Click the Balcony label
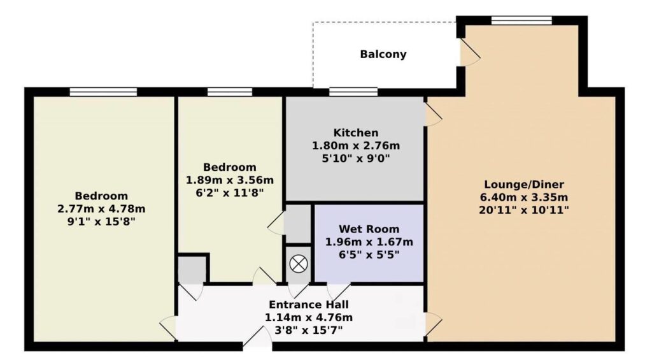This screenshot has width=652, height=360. pos(383,55)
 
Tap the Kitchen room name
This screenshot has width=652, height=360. pos(356,133)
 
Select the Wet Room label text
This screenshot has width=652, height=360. pos(369,229)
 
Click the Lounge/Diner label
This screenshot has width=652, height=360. pos(524,185)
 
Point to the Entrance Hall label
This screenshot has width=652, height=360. pos(309,305)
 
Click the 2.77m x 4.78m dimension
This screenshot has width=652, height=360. pos(101,208)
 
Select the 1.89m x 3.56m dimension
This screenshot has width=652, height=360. pos(229,180)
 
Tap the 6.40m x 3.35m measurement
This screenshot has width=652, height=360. pos(524,198)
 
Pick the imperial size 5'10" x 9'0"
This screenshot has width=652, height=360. pos(356,159)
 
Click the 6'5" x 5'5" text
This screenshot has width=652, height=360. pos(369,255)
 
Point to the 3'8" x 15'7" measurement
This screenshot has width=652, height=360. pos(309,331)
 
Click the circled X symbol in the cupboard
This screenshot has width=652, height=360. pos(298,264)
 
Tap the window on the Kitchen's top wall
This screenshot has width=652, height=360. pos(353,92)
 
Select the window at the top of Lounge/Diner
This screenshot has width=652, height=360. pos(521,20)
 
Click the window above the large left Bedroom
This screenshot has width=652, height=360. pos(103,92)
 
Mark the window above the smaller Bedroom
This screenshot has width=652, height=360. pos(229,92)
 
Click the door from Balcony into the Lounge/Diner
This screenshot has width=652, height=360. pos(470,52)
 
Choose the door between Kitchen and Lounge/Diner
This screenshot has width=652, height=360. pos(433,114)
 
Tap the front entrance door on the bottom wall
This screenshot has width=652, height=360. pos(257,336)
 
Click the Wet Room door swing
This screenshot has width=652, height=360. pos(339,291)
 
